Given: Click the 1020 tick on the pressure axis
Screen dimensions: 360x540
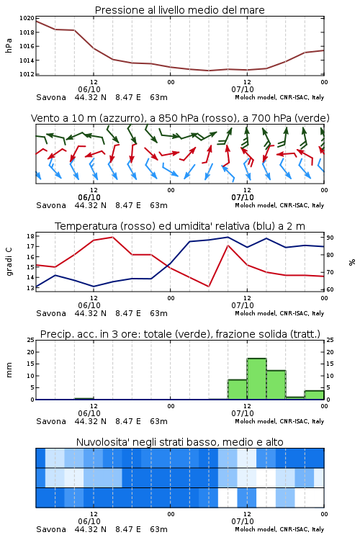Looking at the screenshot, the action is click(x=27, y=19).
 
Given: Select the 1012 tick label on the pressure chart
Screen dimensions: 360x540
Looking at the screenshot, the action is click(x=27, y=74).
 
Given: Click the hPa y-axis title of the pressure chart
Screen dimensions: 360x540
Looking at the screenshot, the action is click(x=9, y=46).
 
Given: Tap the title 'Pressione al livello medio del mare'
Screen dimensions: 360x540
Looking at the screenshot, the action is click(x=180, y=10).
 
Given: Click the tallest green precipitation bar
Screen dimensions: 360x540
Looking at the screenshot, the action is click(x=256, y=379).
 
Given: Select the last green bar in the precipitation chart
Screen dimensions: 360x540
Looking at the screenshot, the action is click(x=314, y=395).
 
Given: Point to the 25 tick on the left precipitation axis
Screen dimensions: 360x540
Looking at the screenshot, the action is click(x=30, y=340).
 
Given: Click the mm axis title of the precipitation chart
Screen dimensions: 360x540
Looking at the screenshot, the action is click(x=9, y=370).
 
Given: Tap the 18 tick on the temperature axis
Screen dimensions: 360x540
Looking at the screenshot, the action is click(x=30, y=236).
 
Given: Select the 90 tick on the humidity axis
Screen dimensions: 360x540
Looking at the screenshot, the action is click(x=330, y=238).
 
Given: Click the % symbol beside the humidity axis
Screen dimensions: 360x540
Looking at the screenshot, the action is click(x=352, y=262).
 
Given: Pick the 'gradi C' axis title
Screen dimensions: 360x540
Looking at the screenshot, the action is click(x=9, y=262).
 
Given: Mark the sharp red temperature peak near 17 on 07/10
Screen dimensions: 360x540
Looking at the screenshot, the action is click(x=228, y=246).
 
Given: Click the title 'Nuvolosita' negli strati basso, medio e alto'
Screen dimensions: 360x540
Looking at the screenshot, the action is click(x=180, y=442).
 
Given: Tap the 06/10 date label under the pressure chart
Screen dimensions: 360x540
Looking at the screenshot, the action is click(x=89, y=89).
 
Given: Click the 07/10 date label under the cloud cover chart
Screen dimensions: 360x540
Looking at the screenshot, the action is click(x=243, y=521).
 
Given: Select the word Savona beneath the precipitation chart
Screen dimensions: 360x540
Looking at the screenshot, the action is click(x=51, y=421).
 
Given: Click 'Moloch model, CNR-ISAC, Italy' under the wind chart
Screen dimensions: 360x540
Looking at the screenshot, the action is click(x=279, y=205).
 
